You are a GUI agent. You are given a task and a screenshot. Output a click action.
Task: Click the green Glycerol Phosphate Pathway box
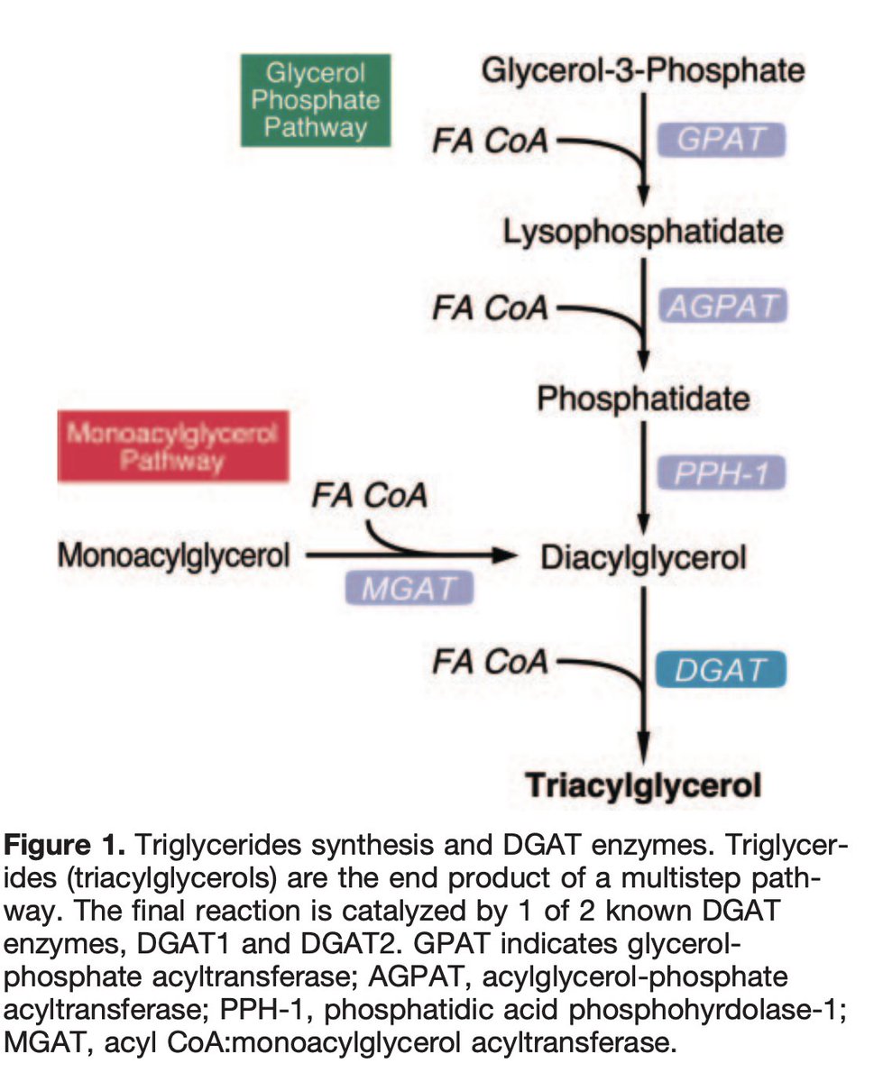[315, 100]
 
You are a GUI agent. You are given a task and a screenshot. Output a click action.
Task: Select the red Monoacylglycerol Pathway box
[172, 446]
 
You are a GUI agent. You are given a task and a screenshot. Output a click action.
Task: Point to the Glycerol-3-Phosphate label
[643, 69]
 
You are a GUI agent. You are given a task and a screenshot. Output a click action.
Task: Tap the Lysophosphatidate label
[643, 233]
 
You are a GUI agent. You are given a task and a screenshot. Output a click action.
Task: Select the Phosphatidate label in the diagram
[643, 399]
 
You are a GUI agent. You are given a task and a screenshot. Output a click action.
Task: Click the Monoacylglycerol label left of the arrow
[174, 556]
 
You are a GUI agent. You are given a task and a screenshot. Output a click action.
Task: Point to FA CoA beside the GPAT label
[489, 142]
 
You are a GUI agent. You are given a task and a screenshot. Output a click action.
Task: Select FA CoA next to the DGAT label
[489, 663]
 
